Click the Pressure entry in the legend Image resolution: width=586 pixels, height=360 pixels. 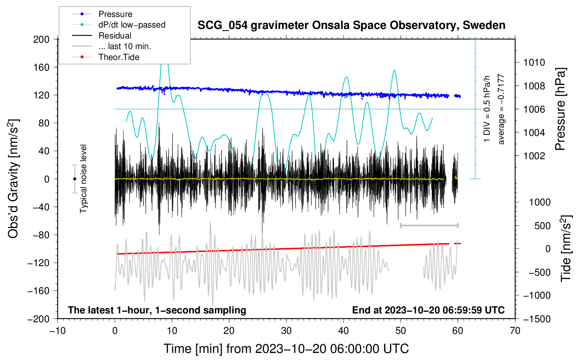pos(102,14)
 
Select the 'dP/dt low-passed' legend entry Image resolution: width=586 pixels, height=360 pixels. pos(119,25)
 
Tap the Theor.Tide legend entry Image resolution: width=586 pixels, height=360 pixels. pos(106,57)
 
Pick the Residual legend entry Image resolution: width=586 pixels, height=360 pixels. pos(102,36)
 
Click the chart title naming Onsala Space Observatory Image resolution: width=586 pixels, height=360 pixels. pos(351,25)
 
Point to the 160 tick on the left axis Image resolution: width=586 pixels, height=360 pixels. pos(41,67)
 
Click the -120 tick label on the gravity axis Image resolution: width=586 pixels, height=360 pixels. pos(38,263)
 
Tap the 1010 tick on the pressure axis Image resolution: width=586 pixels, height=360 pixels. pos(534,62)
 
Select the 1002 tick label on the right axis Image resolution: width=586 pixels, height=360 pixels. pos(534,156)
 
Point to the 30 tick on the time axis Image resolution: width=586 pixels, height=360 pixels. pos(286,331)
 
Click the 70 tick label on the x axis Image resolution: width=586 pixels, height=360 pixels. pos(515,331)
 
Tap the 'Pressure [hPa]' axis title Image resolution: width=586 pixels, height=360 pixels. pos(560,109)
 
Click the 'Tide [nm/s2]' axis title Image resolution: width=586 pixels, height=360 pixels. pos(566,248)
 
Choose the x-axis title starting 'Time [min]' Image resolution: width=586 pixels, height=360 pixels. pos(286,349)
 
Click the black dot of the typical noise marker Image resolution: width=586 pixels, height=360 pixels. pos(74,179)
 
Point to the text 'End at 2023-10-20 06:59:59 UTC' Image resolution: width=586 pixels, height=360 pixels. pos(428,310)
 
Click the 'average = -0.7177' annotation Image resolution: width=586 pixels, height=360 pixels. pos(501,109)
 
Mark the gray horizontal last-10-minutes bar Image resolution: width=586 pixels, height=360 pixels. pos(429,225)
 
